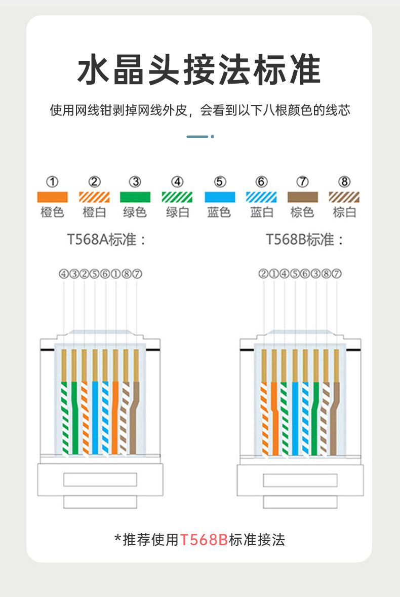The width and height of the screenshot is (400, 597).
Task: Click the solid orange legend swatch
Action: tap(53, 197)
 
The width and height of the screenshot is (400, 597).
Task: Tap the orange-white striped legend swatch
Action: tap(94, 197)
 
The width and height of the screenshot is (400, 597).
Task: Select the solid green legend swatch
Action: tap(135, 197)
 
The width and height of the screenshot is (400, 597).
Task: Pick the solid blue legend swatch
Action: tap(219, 197)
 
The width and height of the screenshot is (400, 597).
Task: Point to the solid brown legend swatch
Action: tap(302, 197)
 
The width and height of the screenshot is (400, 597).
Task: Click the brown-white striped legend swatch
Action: tap(344, 197)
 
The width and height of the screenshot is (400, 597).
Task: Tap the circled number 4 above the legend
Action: tap(177, 181)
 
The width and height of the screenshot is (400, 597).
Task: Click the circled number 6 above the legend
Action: tap(261, 181)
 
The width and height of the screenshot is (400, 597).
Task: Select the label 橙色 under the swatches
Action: tap(53, 212)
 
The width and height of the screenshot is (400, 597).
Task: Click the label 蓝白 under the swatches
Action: tap(261, 212)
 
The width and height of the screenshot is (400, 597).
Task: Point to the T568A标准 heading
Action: tap(107, 240)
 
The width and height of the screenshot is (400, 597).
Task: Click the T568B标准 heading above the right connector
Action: tap(305, 240)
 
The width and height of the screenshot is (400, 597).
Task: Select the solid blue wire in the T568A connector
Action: tap(95, 416)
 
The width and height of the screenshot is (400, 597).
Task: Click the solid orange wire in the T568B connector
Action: tap(274, 416)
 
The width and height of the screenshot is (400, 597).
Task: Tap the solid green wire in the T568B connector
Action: tap(314, 416)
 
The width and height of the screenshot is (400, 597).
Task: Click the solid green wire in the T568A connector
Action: tap(74, 416)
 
